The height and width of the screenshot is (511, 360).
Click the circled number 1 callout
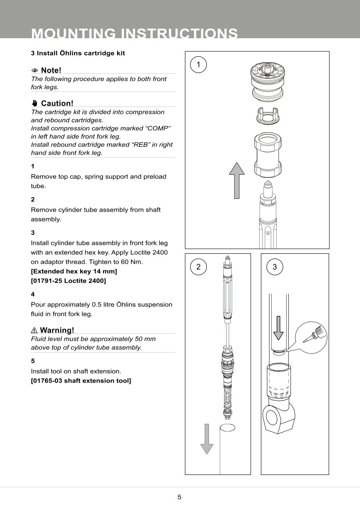coord(198,64)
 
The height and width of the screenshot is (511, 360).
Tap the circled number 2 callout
coord(198,267)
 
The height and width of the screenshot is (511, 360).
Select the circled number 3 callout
coord(275,267)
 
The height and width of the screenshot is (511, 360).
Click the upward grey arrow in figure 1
coord(236,180)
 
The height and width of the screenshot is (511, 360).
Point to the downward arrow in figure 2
coord(207,438)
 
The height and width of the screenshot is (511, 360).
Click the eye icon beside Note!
coord(35,70)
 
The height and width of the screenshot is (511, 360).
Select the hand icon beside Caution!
coord(35,103)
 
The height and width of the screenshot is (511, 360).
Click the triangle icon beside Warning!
coord(34,330)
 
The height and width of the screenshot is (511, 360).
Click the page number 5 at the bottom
coord(179,497)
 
